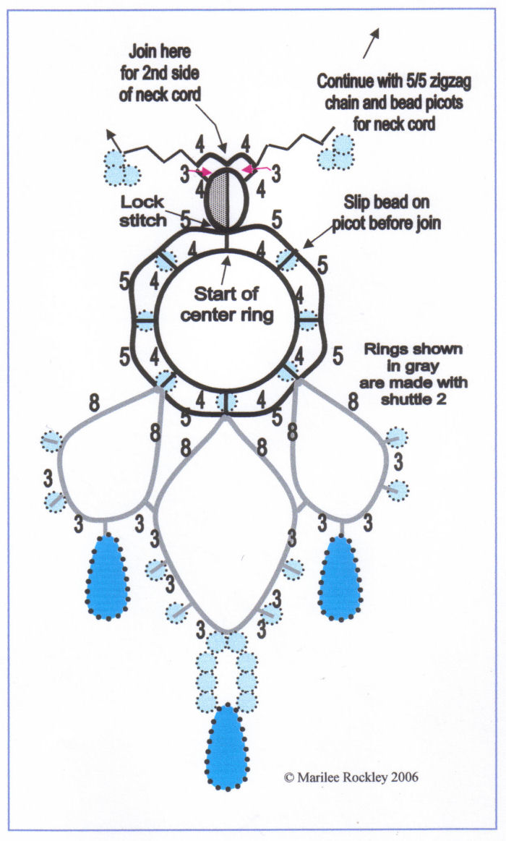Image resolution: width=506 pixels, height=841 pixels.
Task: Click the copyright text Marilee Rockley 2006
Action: [352, 778]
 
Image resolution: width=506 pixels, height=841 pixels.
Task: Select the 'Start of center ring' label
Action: [228, 305]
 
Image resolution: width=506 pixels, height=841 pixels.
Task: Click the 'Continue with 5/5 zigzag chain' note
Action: [394, 103]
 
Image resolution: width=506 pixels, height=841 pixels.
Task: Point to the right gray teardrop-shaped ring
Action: [340, 463]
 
